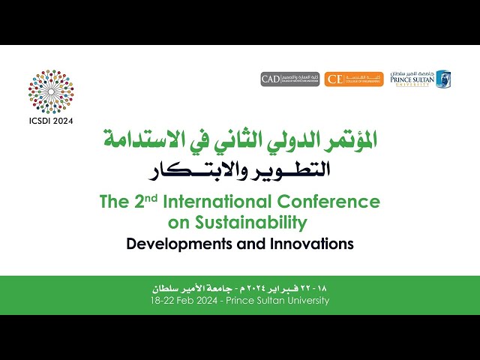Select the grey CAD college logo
[x=290, y=79]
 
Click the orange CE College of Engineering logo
[x=354, y=79]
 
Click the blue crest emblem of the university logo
[x=443, y=79]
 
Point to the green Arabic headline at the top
[x=240, y=139]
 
